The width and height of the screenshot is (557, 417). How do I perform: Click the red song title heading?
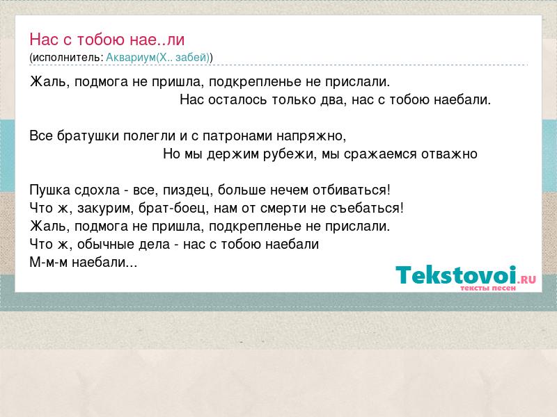tap(107, 40)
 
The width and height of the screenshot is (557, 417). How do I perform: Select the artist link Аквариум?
tap(131, 58)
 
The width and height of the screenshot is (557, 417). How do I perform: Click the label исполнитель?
tap(68, 58)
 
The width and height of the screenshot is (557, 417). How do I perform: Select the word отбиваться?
tap(352, 190)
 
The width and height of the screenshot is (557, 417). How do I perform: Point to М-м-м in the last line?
tap(48, 263)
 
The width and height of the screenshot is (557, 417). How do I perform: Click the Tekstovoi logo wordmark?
tap(456, 275)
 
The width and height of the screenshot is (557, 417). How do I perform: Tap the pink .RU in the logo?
tap(527, 279)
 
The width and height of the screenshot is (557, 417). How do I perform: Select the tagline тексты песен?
tap(488, 288)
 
